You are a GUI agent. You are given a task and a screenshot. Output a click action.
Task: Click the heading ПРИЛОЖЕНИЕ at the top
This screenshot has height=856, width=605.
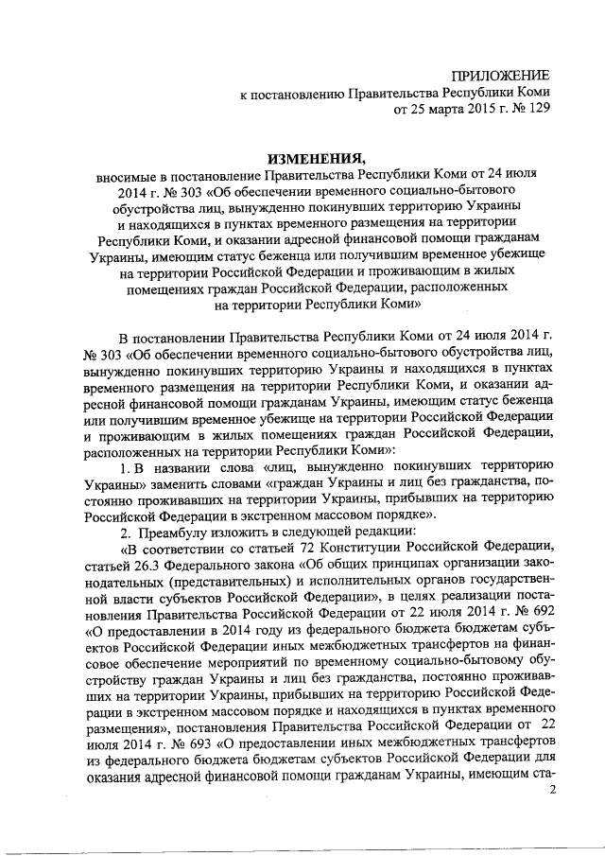pos(502,75)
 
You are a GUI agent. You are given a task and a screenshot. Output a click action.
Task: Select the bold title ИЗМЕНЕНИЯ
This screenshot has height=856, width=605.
pos(302,158)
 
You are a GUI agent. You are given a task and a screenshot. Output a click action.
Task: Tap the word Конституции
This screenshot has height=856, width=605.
pos(337,550)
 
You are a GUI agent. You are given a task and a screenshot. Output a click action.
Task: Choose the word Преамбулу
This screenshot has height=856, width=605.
pos(169,533)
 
